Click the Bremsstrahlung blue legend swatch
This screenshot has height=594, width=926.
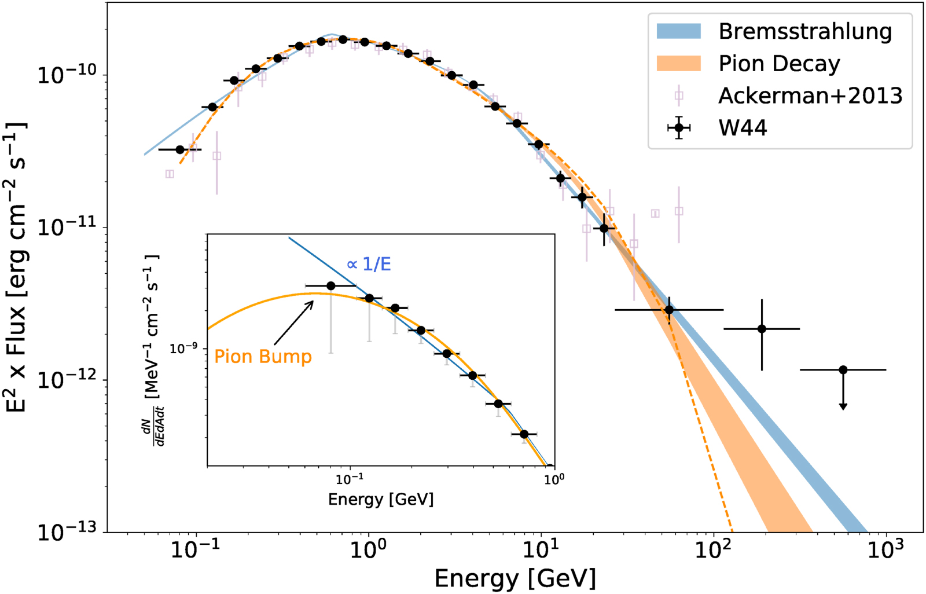pos(678,31)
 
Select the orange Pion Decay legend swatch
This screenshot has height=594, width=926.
pos(678,63)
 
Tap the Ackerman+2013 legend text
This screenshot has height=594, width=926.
pos(810,96)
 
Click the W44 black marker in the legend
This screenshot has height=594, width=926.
pos(679,127)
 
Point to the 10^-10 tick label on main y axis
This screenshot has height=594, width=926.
pos(67,75)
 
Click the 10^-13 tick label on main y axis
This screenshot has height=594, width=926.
pos(67,531)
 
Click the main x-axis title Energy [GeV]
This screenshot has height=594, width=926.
pos(515,578)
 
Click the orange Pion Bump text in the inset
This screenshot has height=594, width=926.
pos(263,356)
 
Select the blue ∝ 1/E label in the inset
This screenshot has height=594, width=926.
pos(369,265)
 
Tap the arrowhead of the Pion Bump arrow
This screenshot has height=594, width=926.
pos(313,300)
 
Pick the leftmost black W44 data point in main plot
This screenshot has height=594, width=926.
pos(180,149)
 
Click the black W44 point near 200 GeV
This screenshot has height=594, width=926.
pos(762,329)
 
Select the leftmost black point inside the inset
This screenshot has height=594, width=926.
pos(331,286)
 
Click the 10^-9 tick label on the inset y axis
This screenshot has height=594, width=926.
pos(183,348)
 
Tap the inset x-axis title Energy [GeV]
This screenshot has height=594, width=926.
pos(380,500)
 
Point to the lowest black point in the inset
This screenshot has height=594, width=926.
pos(524,434)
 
